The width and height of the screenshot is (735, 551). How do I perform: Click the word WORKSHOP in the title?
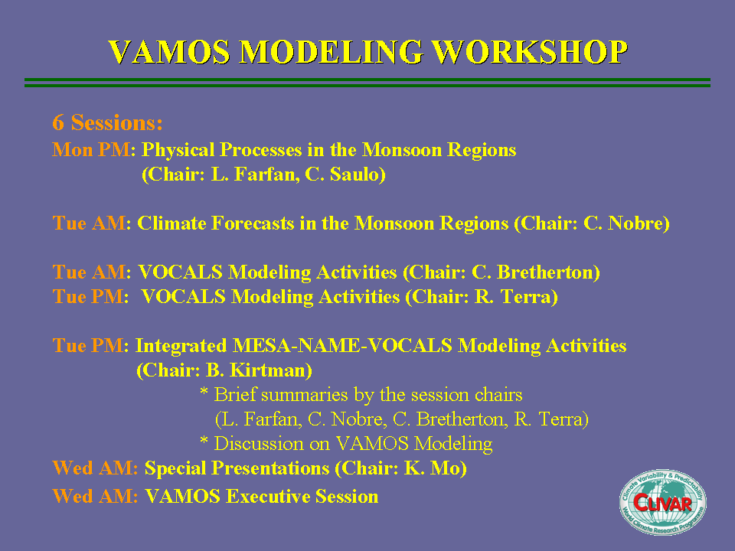530,51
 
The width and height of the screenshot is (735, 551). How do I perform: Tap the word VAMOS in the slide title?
169,51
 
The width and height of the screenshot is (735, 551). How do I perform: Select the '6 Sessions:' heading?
108,122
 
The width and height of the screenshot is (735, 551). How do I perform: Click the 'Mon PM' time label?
91,150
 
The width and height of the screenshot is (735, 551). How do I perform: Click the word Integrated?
181,346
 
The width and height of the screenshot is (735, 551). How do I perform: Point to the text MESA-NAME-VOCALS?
343,345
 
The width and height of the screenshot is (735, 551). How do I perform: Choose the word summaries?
305,395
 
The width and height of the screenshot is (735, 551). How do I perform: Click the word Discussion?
259,443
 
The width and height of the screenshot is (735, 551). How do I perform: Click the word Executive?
268,496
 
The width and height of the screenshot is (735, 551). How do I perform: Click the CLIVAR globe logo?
663,502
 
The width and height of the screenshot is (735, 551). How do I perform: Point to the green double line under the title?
367,83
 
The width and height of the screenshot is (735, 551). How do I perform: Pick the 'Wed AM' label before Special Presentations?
95,468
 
